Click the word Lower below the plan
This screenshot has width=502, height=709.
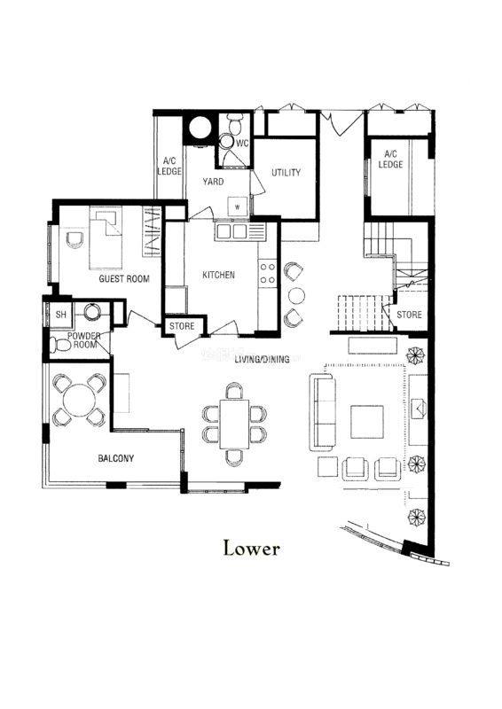pyautogui.click(x=252, y=549)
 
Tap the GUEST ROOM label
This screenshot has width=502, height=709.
pyautogui.click(x=124, y=278)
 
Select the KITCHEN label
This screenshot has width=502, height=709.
pyautogui.click(x=219, y=275)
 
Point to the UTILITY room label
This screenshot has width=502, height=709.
pyautogui.click(x=286, y=172)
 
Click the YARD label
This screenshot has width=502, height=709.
pyautogui.click(x=213, y=182)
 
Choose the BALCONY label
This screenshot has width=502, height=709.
pyautogui.click(x=116, y=458)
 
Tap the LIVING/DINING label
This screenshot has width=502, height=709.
pyautogui.click(x=263, y=360)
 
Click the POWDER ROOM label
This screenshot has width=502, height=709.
pyautogui.click(x=84, y=340)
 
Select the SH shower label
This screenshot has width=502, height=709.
pyautogui.click(x=60, y=315)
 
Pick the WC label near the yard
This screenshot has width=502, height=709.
pyautogui.click(x=243, y=144)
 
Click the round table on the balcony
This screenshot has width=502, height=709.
pyautogui.click(x=79, y=401)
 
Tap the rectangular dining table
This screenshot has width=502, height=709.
pyautogui.click(x=234, y=424)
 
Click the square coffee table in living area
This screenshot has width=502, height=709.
pyautogui.click(x=367, y=422)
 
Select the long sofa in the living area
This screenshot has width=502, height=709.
pyautogui.click(x=323, y=412)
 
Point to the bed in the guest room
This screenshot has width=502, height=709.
pyautogui.click(x=106, y=238)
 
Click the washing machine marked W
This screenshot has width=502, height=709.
pyautogui.click(x=238, y=206)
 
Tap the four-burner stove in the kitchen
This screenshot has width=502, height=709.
pyautogui.click(x=267, y=273)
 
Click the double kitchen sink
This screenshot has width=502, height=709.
pyautogui.click(x=232, y=231)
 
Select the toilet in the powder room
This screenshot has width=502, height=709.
pyautogui.click(x=60, y=346)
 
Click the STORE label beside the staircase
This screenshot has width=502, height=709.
pyautogui.click(x=409, y=315)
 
